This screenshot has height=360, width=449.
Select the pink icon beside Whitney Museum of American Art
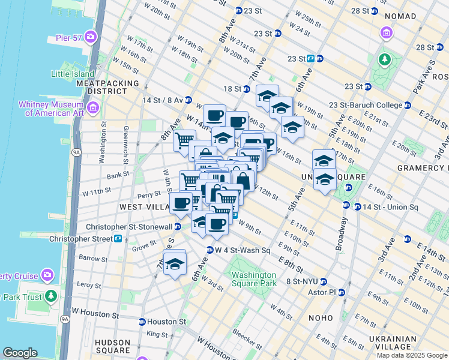[x=92, y=108]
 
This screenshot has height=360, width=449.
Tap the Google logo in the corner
[x=20, y=353]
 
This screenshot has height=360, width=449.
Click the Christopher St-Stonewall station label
[x=129, y=227]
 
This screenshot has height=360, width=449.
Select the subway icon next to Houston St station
[x=142, y=322]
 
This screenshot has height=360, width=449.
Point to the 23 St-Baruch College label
[x=366, y=105]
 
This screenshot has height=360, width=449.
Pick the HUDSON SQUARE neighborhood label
[x=113, y=346]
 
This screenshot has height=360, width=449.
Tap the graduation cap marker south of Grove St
[x=175, y=263]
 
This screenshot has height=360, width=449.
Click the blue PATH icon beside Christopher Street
[x=118, y=238]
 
